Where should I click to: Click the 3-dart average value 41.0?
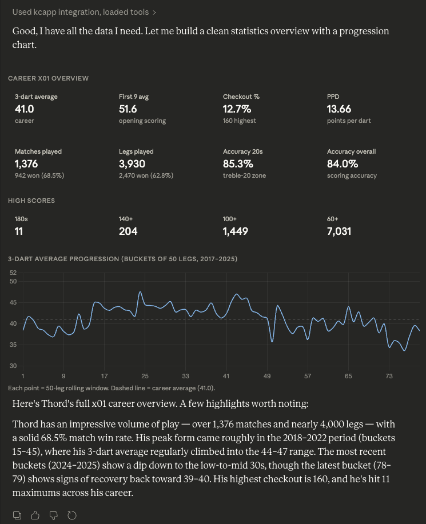point(25,109)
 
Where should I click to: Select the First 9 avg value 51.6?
point(129,109)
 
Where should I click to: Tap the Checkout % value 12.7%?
point(236,109)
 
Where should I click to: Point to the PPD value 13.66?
point(339,109)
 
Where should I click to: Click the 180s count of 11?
point(19,231)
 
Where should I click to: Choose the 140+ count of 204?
point(128,231)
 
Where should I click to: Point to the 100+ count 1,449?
point(236,231)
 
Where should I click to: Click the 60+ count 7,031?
point(339,231)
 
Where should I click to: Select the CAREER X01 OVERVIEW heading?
point(48,78)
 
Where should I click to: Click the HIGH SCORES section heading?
point(31,201)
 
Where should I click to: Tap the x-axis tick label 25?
point(145,376)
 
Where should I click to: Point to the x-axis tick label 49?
point(267,376)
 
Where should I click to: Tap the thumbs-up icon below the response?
point(35,515)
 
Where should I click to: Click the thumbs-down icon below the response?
point(53,515)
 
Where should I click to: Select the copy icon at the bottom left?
point(17,515)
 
